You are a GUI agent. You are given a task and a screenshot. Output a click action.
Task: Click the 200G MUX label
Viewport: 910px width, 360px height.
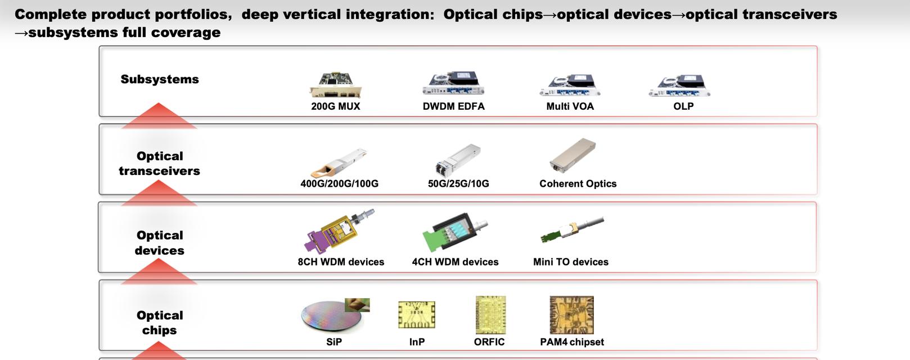(336, 106)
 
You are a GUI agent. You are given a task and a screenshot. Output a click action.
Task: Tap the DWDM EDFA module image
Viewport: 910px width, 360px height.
(453, 83)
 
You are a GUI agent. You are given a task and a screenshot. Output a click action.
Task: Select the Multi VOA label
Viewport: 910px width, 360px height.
(570, 106)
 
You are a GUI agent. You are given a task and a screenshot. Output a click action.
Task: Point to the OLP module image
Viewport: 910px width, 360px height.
(679, 85)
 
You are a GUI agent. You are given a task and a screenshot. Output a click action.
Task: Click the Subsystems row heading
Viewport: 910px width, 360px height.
(160, 79)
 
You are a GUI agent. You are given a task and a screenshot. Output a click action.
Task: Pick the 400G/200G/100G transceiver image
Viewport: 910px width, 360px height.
(339, 163)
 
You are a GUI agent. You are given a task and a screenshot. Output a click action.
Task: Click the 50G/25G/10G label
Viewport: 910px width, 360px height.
(458, 184)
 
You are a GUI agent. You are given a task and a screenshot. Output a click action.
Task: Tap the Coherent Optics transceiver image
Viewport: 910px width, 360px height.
(573, 155)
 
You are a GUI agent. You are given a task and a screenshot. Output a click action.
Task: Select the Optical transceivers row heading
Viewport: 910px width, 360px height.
(159, 163)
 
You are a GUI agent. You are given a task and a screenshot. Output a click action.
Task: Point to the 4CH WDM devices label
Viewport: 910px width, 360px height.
(455, 262)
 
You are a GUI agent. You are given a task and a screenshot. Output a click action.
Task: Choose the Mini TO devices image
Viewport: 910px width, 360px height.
(572, 229)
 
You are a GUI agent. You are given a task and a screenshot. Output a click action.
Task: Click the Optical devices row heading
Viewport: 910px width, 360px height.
(159, 242)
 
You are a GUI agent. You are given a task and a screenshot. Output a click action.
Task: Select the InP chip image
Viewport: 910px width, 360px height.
(416, 315)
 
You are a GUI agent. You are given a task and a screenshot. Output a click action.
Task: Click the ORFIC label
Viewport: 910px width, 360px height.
(489, 342)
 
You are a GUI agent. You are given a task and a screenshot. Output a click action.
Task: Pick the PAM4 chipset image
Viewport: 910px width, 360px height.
(571, 315)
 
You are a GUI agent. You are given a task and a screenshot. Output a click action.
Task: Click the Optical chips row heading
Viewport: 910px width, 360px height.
(159, 323)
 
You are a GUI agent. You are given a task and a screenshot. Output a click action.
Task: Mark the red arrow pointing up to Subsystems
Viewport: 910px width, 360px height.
(159, 116)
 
